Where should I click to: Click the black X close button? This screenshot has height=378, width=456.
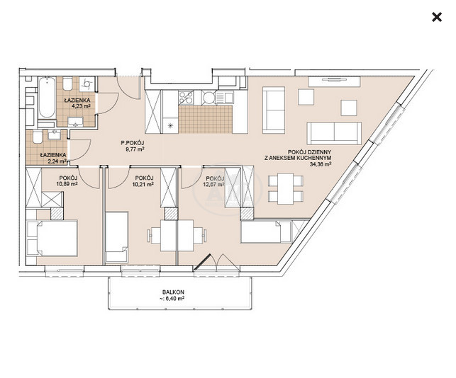(437, 17)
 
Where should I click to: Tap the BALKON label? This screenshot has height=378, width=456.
(173, 292)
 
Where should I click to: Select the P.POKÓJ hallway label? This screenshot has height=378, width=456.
(133, 143)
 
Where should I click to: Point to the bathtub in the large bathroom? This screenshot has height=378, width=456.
(47, 97)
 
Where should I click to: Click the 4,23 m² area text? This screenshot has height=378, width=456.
(81, 106)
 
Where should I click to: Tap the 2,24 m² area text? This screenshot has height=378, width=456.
(57, 161)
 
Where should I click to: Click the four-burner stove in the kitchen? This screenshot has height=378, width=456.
(186, 97)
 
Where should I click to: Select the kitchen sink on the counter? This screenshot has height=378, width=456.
(224, 97)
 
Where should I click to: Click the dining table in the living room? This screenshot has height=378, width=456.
(286, 188)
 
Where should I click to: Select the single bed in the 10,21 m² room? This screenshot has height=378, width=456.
(116, 237)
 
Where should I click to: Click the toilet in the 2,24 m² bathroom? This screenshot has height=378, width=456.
(38, 137)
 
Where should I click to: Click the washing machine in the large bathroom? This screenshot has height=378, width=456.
(87, 84)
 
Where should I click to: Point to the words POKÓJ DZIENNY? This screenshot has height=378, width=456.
(309, 152)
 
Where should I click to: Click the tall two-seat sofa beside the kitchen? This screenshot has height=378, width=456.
(273, 110)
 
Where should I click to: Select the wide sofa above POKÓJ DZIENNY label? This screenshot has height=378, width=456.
(335, 133)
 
